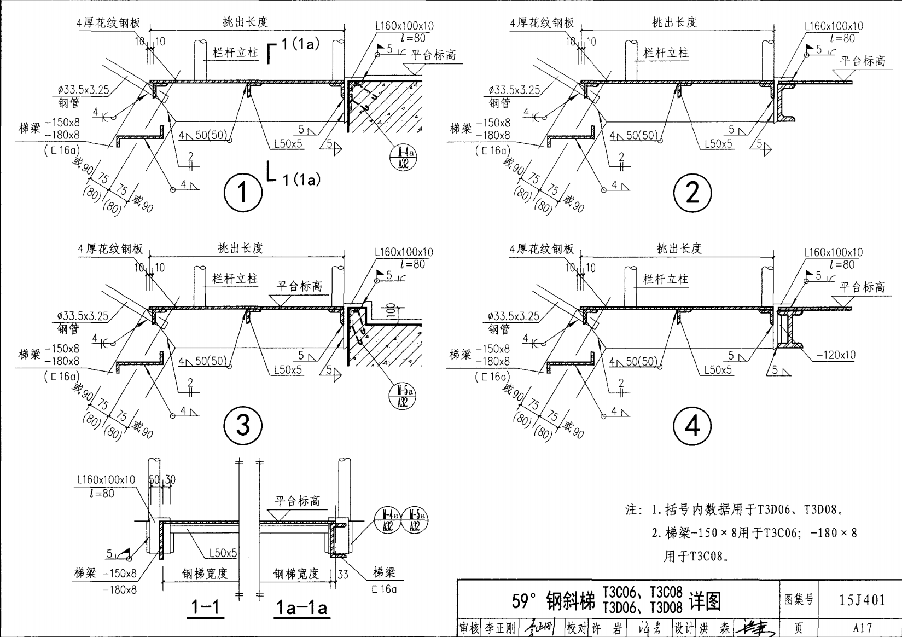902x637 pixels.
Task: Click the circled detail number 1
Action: pos(243,193)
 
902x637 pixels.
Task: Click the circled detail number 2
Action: pos(692,193)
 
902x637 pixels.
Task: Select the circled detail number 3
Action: pos(243,425)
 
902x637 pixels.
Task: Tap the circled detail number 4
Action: pos(692,425)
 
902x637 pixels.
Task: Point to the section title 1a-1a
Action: pos(301,607)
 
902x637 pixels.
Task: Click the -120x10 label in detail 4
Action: pos(835,355)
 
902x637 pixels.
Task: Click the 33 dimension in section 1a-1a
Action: pos(343,574)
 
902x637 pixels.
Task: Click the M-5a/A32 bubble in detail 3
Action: pos(403,396)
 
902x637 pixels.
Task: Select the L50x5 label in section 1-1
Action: pos(223,553)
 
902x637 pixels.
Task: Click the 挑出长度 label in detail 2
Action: pos(674,22)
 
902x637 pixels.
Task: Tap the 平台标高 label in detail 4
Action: pos(863,287)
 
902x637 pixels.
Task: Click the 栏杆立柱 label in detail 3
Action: pos(235,279)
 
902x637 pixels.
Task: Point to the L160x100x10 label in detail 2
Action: pos(834,26)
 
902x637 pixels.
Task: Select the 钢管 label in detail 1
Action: pos(69,102)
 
